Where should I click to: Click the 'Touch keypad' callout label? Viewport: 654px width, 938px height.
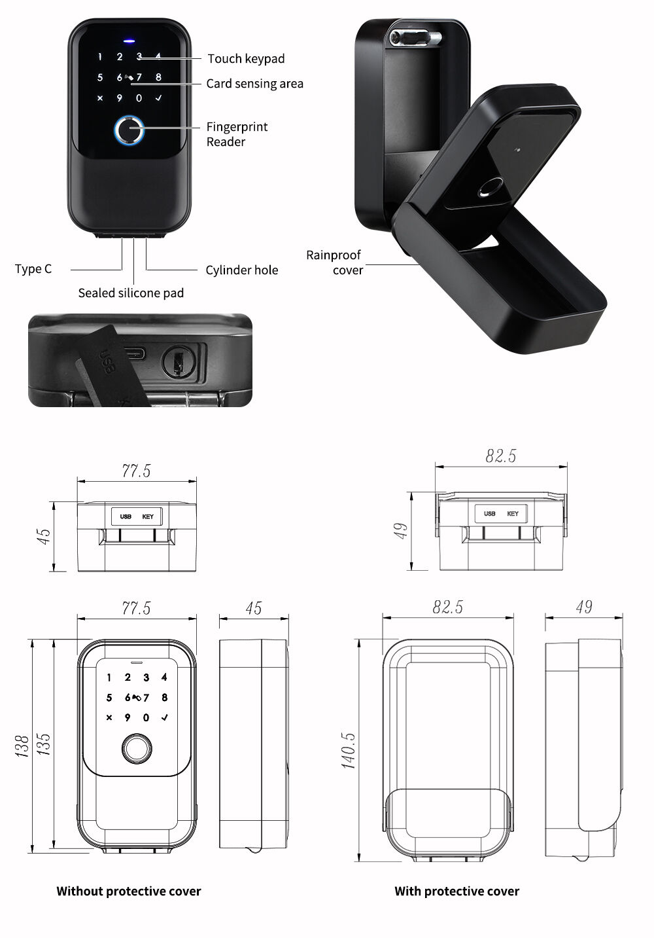point(246,59)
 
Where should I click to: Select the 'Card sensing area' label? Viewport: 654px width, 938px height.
point(254,84)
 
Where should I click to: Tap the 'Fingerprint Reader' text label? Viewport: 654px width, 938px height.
point(237,134)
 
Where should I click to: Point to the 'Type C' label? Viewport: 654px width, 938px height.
point(33,269)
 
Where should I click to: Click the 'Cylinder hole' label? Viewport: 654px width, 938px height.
point(241,270)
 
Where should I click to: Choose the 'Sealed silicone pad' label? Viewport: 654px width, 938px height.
point(131,293)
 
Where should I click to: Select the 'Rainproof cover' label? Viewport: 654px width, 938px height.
point(334,262)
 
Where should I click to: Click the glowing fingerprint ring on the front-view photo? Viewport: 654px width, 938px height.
point(129,131)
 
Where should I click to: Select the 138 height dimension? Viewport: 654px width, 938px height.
point(21,746)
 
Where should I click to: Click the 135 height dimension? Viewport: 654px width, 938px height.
point(43,746)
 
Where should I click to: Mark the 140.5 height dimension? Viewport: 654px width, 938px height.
point(349,750)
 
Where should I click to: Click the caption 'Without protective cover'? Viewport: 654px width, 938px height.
point(129,891)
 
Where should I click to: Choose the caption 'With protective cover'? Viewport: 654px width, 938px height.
point(456,891)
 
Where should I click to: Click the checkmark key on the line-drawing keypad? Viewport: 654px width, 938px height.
point(164,717)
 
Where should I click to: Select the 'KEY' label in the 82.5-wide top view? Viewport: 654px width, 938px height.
point(513,514)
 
